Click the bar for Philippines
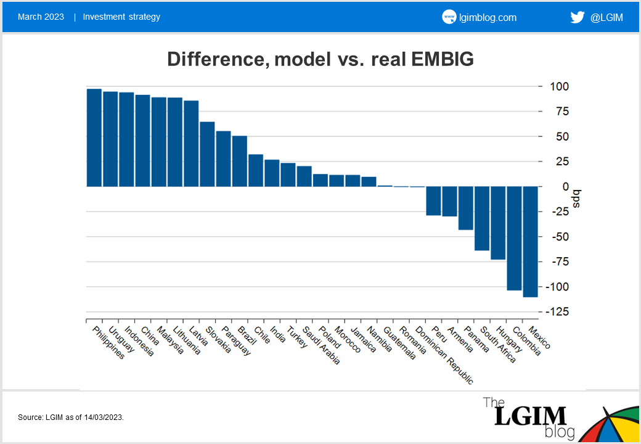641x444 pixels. click(94, 138)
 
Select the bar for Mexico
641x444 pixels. click(530, 241)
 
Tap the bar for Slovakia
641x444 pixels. click(207, 154)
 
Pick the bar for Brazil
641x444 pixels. click(239, 161)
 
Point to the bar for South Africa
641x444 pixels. click(482, 218)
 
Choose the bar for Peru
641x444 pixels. click(433, 200)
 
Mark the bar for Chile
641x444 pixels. click(256, 170)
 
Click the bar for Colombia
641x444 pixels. click(514, 238)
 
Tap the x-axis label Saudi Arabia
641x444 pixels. click(325, 345)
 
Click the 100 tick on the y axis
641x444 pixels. click(557, 86)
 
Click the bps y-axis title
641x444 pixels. click(577, 199)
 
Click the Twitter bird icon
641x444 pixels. click(577, 17)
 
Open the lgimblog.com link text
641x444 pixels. click(488, 17)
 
